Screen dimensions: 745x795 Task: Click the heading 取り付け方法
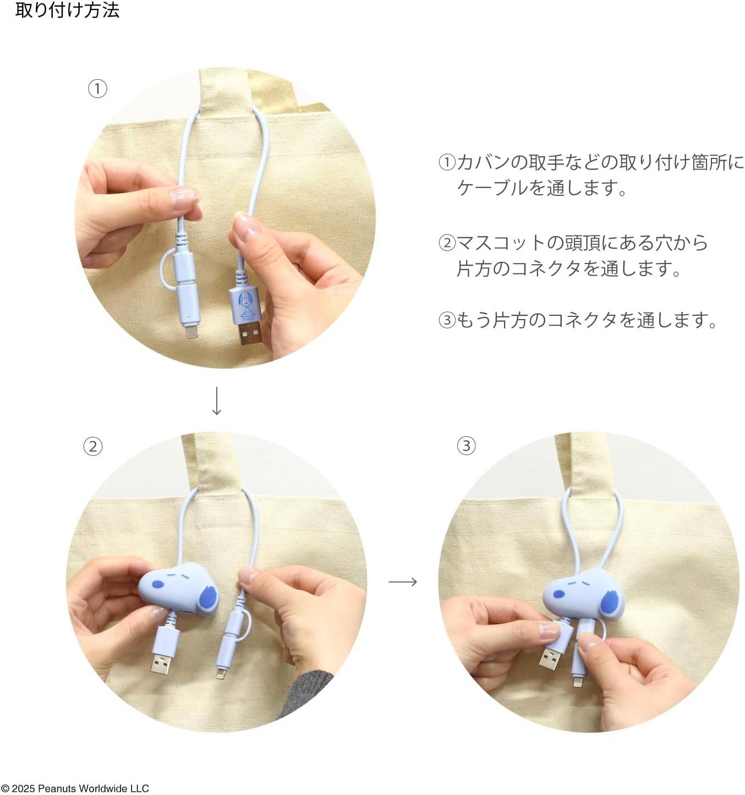pyautogui.click(x=67, y=10)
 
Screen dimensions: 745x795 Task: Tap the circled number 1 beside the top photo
pyautogui.click(x=97, y=89)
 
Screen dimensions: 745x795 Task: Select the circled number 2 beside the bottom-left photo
pyautogui.click(x=92, y=446)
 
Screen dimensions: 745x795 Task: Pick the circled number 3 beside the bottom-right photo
pyautogui.click(x=466, y=446)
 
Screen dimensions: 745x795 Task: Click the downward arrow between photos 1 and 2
pyautogui.click(x=216, y=401)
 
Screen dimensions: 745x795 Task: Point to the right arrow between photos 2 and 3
pyautogui.click(x=403, y=581)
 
